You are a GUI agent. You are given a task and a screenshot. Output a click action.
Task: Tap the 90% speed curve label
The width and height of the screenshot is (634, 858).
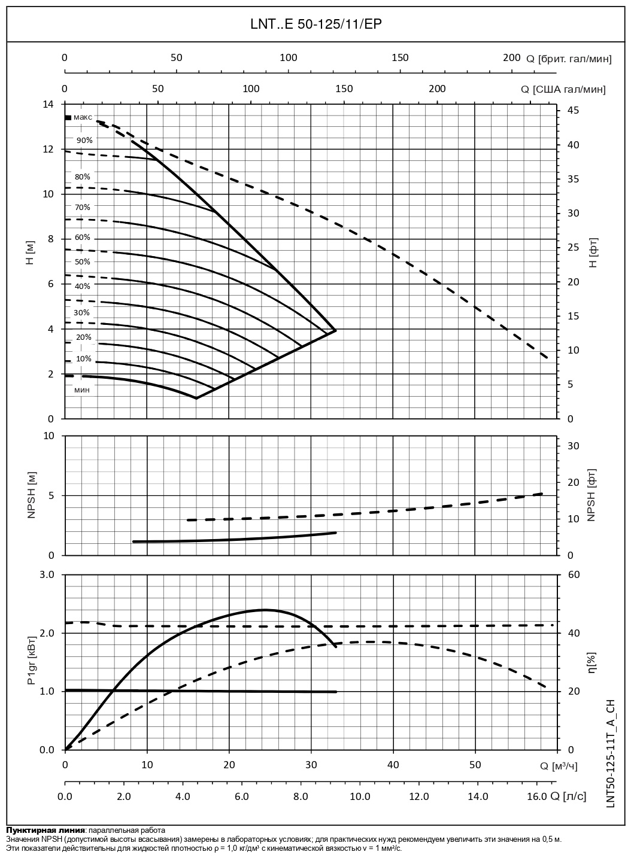tap(84, 141)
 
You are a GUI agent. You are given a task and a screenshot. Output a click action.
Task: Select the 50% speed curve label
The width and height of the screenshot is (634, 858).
tap(83, 262)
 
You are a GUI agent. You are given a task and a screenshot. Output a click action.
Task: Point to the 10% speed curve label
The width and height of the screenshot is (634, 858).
tap(84, 359)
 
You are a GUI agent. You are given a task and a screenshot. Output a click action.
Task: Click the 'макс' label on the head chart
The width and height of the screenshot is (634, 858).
tap(83, 117)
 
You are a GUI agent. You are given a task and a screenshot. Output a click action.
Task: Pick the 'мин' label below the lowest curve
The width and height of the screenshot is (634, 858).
tap(82, 390)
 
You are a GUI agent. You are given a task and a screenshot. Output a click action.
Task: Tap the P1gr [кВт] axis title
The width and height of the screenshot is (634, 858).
tap(31, 662)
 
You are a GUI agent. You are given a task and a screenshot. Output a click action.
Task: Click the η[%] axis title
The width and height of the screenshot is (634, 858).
tap(592, 662)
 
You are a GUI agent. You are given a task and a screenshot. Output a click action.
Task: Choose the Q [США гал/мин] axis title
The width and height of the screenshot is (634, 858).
tap(563, 90)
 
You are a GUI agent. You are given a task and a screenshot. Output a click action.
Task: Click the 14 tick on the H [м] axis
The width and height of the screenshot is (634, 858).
tap(47, 104)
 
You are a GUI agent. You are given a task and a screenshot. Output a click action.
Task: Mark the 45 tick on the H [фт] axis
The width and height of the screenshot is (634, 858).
tap(573, 111)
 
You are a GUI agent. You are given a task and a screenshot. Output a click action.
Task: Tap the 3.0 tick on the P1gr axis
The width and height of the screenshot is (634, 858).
tap(47, 575)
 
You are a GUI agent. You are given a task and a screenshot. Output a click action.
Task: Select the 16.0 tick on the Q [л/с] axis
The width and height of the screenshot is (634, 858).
tap(536, 796)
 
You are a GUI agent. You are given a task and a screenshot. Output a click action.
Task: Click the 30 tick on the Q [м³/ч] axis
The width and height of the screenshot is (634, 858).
tap(311, 765)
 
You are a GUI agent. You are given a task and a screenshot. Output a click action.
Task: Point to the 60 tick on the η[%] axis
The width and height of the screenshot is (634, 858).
tap(574, 575)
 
